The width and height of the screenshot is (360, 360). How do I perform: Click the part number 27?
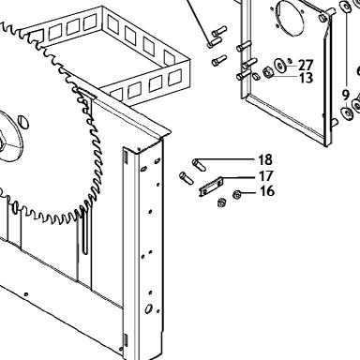306,66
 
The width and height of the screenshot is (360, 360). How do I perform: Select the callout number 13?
306,78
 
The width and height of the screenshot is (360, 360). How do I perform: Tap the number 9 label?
345,95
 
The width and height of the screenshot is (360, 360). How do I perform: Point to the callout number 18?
265,159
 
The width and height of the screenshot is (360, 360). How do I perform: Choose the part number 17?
266,176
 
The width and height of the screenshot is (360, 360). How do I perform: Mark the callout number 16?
267,191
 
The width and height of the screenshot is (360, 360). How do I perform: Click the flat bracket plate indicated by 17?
211,187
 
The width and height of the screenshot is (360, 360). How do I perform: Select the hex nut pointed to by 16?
237,195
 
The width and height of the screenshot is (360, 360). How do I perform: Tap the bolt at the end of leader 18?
199,165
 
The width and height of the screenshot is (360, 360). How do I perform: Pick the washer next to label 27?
279,65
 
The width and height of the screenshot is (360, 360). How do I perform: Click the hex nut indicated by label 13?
268,72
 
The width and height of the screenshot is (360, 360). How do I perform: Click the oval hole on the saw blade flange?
23,122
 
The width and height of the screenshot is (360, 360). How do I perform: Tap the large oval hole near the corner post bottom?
148,308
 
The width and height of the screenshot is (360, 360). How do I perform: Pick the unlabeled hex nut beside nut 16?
221,202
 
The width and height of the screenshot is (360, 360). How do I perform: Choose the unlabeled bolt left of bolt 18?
187,178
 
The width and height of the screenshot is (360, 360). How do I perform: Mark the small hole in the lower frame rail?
26,294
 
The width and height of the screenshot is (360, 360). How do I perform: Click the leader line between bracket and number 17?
239,177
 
